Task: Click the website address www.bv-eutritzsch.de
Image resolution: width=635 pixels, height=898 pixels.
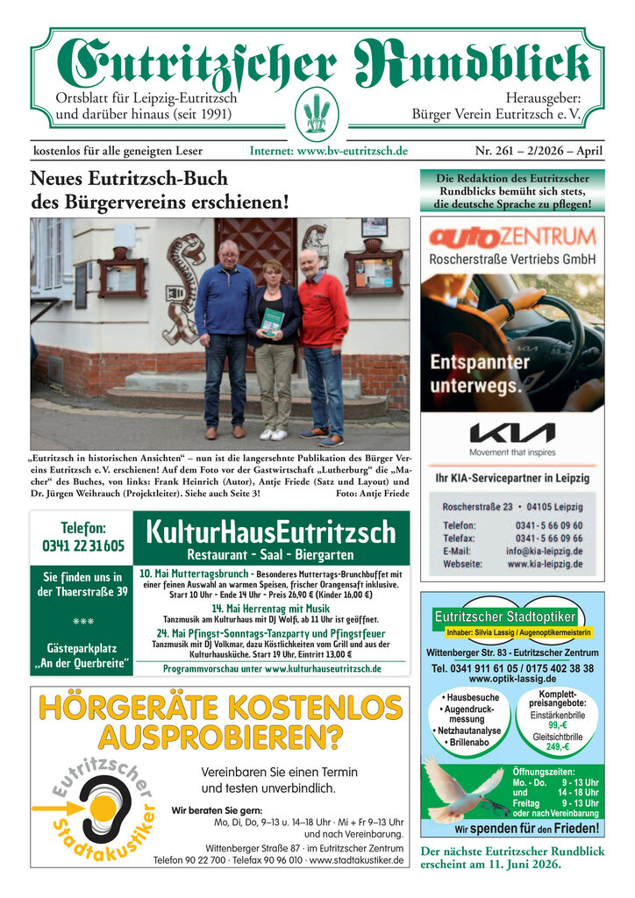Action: pyautogui.click(x=329, y=151)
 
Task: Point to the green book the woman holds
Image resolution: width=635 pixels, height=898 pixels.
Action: pyautogui.click(x=274, y=322)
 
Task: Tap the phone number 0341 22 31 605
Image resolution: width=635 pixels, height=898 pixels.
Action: pyautogui.click(x=82, y=545)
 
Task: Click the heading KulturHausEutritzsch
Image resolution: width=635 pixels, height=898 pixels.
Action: pyautogui.click(x=270, y=531)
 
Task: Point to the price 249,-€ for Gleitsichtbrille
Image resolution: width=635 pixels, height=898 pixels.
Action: pyautogui.click(x=558, y=747)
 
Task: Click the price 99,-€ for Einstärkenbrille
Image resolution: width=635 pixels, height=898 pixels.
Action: pyautogui.click(x=558, y=725)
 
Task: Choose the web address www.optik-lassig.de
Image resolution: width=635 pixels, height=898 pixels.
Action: pyautogui.click(x=512, y=679)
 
